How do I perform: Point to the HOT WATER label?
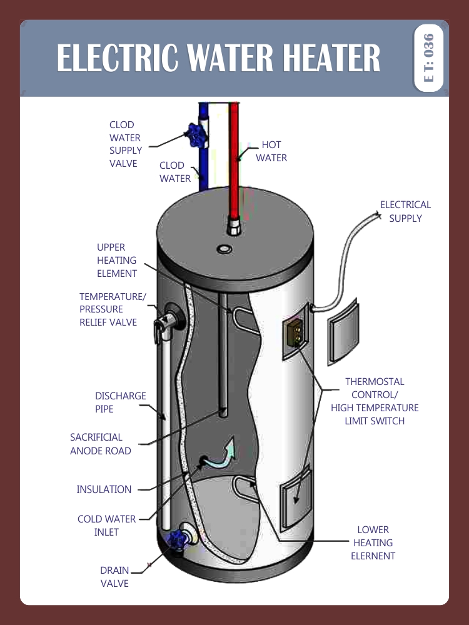pyautogui.click(x=271, y=151)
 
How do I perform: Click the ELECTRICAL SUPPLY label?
pyautogui.click(x=405, y=211)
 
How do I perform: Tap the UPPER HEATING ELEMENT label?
pyautogui.click(x=117, y=261)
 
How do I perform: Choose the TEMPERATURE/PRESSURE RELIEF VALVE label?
pyautogui.click(x=112, y=309)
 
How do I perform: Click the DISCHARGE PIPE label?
pyautogui.click(x=121, y=402)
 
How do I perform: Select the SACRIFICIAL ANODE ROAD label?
pyautogui.click(x=101, y=444)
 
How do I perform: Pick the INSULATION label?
pyautogui.click(x=104, y=489)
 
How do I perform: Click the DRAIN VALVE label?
pyautogui.click(x=114, y=577)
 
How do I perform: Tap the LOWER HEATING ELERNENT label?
pyautogui.click(x=373, y=543)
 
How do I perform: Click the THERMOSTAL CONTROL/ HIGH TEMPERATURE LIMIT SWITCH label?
pyautogui.click(x=375, y=401)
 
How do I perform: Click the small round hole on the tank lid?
pyautogui.click(x=224, y=250)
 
